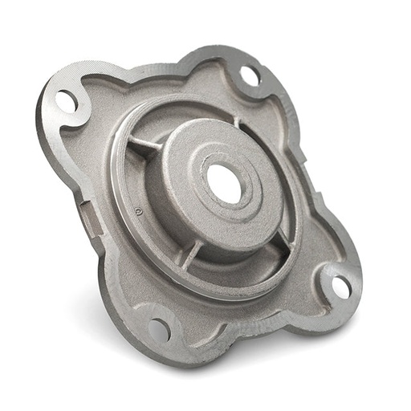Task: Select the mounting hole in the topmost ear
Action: [249, 75]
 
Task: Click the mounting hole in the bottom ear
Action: [159, 329]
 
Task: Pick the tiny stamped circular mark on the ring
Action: [138, 212]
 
